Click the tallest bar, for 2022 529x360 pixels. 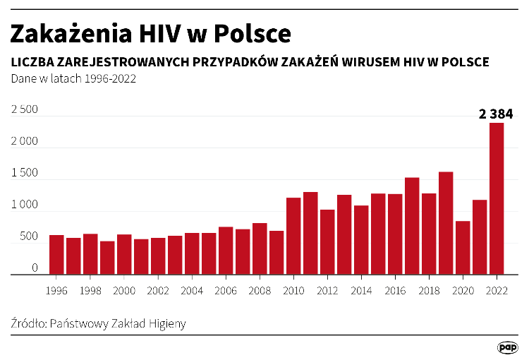(x=497, y=198)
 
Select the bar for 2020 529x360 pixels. (x=463, y=248)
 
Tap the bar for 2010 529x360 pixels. (x=293, y=236)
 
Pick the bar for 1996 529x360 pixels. (x=56, y=255)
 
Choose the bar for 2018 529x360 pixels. (x=429, y=234)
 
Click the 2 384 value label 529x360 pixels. (x=495, y=113)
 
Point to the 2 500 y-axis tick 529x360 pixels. (x=25, y=110)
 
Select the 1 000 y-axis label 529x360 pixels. (x=25, y=205)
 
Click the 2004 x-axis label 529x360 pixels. (x=192, y=290)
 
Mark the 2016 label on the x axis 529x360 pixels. (x=395, y=290)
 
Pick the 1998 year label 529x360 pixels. (x=90, y=290)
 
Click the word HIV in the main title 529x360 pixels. (x=172, y=33)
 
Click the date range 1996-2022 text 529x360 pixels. (x=110, y=79)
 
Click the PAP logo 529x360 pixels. (x=507, y=347)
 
